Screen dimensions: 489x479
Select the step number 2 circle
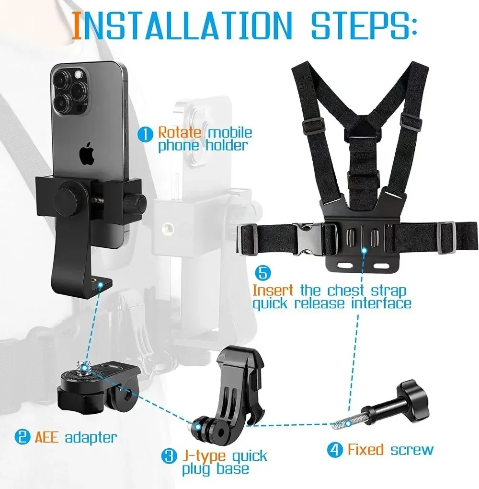(21, 437)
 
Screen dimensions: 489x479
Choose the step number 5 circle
(263, 274)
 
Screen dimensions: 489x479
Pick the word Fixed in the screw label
(365, 450)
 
